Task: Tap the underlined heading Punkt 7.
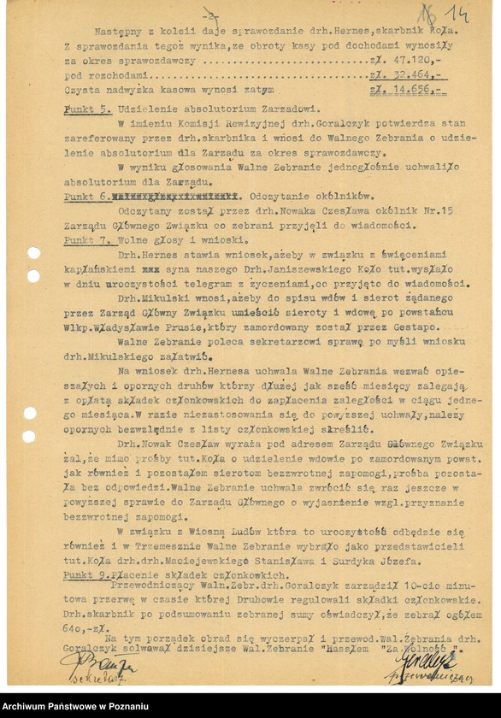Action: [85, 240]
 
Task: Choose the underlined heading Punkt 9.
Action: [85, 574]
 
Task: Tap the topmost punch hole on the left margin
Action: [33, 253]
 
